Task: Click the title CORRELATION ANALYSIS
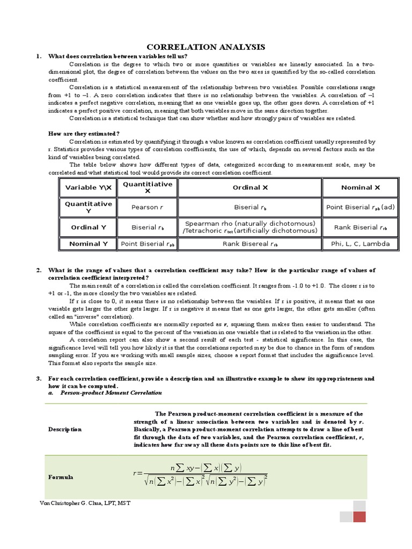pos(206,47)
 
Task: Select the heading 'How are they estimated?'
pos(84,133)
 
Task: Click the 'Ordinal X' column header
pos(250,188)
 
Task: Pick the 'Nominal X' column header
pos(360,188)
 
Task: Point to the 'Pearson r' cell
pos(145,207)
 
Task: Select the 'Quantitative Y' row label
pos(89,207)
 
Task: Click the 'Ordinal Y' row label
pos(89,227)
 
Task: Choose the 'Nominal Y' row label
pos(89,244)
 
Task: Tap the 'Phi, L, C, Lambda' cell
pos(360,244)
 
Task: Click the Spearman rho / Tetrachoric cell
pos(250,227)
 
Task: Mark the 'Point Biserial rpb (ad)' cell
pos(360,207)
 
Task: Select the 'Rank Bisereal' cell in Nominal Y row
pos(250,244)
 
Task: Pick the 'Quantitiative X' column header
pos(148,188)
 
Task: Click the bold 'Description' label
pos(65,429)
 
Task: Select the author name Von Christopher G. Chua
pos(85,503)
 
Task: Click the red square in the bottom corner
pos(359,516)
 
